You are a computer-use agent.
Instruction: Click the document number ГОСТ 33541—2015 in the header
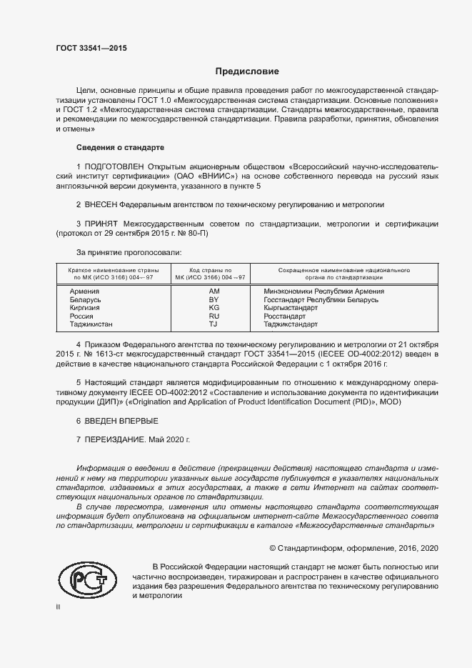[91, 49]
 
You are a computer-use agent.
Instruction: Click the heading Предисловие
[247, 71]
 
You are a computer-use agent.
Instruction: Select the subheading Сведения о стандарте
[120, 147]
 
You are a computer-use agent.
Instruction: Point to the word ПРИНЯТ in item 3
[104, 224]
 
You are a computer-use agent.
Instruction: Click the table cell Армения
[84, 291]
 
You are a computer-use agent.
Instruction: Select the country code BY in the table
[214, 300]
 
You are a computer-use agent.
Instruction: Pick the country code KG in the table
[214, 308]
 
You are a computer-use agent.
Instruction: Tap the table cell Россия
[81, 316]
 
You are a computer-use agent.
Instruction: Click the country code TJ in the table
[213, 324]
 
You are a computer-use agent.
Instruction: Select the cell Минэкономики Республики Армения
[323, 291]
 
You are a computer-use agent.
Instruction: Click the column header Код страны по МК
[214, 274]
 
